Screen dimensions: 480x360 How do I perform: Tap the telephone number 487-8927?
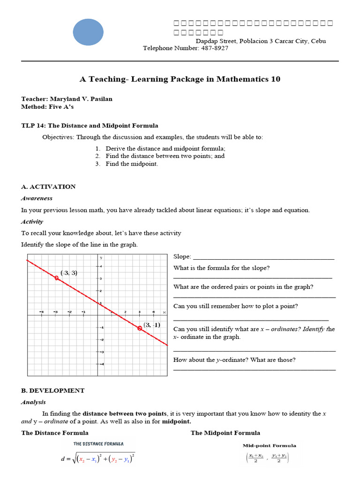point(214,48)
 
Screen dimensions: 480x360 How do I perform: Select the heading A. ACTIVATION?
point(48,187)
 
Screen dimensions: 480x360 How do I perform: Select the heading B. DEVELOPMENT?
point(53,390)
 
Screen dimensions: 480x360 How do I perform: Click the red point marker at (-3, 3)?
point(57,278)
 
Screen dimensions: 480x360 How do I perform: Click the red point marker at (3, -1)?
point(140,328)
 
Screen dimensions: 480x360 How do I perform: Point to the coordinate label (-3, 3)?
point(68,273)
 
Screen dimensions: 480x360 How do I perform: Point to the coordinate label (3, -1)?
point(152,324)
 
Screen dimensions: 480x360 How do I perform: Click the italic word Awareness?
point(37,198)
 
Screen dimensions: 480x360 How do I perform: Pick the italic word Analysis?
point(33,402)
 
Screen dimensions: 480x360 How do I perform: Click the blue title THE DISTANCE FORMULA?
point(98,443)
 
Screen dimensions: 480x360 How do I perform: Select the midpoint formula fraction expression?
point(267,457)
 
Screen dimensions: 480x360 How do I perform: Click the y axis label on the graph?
point(101,258)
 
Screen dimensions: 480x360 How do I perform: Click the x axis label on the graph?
point(164,312)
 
